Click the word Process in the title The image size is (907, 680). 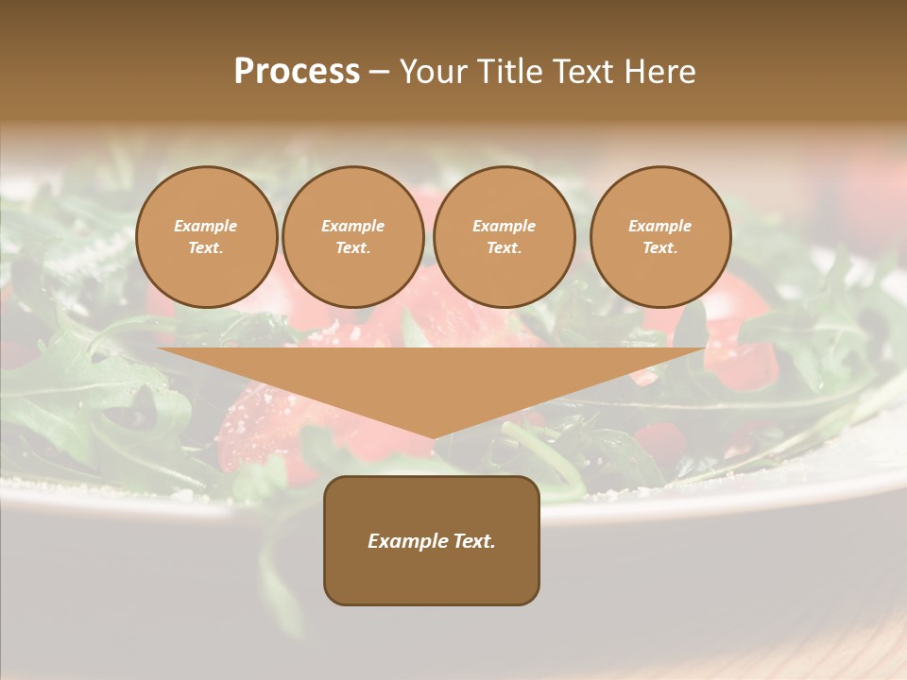(297, 72)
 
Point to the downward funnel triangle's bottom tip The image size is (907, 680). (433, 436)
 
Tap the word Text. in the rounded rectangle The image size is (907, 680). (471, 541)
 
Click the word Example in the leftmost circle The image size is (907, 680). (206, 226)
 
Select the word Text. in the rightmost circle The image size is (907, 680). (660, 247)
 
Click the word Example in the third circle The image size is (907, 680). (504, 226)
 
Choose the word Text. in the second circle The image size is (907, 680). (352, 247)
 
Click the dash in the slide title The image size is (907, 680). (380, 72)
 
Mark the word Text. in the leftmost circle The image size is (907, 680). (206, 247)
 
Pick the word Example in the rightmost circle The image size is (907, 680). (660, 226)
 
